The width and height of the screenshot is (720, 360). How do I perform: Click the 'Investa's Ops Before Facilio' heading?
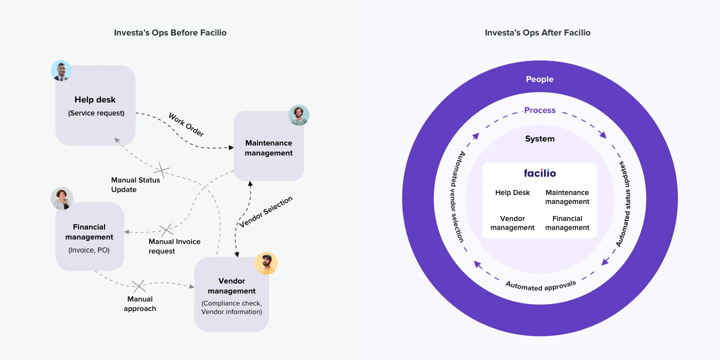(x=170, y=33)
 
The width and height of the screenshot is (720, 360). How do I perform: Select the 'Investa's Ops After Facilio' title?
(x=537, y=33)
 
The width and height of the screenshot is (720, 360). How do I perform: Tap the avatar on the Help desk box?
(x=61, y=71)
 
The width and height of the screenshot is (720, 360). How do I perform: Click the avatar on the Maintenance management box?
(x=299, y=115)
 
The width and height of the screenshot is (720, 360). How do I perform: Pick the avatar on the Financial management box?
(x=62, y=198)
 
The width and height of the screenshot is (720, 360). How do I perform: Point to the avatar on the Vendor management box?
(x=266, y=263)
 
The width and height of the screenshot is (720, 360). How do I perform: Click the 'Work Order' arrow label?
(x=186, y=125)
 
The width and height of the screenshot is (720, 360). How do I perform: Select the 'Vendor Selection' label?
(x=265, y=212)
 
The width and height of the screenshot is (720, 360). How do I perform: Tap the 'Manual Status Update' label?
(x=135, y=184)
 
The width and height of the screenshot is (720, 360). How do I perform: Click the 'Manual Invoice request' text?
(x=174, y=246)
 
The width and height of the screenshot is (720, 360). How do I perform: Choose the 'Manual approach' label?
(x=140, y=304)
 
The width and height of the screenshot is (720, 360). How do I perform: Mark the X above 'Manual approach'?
(x=138, y=286)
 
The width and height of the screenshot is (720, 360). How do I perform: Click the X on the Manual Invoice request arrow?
(x=166, y=230)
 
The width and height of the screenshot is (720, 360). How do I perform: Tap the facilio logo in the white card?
(x=540, y=173)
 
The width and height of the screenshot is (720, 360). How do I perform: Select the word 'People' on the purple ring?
(x=540, y=79)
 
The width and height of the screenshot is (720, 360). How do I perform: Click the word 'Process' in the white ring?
(x=540, y=110)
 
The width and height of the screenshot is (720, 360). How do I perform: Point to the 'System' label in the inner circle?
(x=540, y=139)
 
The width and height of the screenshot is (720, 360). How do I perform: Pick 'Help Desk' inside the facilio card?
(x=512, y=192)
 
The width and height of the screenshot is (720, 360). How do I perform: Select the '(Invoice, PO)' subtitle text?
(x=89, y=250)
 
